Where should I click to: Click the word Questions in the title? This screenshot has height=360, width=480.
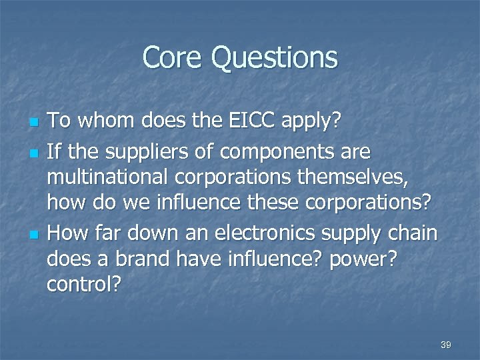pos(275,59)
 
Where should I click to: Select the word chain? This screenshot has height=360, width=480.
pos(413,233)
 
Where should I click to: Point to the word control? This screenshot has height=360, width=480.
pos(84,286)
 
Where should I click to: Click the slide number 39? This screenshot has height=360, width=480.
pos(446,345)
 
